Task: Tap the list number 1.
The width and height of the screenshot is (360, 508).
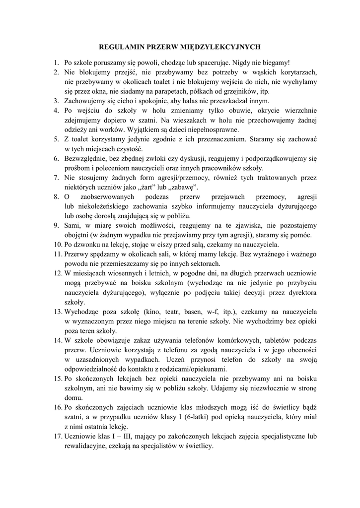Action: click(56, 63)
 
